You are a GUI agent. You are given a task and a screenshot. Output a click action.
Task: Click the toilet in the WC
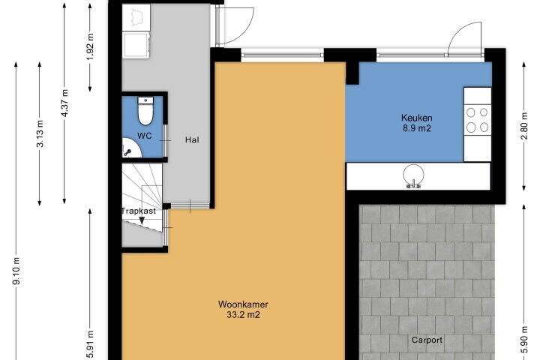click(145, 111)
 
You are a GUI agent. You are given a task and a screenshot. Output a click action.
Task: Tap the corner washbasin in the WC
click(131, 148)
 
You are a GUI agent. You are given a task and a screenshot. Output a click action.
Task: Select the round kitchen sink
click(413, 175)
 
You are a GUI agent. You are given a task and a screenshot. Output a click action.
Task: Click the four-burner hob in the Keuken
click(477, 120)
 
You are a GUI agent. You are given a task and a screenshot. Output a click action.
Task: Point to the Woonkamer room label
click(243, 304)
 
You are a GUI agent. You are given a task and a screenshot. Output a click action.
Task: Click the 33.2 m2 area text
click(243, 314)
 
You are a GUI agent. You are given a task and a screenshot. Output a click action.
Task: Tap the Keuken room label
click(417, 118)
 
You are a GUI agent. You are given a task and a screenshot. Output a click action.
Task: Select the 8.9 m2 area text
click(417, 128)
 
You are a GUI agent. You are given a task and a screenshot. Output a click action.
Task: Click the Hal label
click(192, 139)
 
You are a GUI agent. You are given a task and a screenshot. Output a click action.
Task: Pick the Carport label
click(427, 340)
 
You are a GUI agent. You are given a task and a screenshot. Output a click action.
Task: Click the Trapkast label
click(139, 211)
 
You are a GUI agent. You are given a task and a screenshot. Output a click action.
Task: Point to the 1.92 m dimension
click(90, 46)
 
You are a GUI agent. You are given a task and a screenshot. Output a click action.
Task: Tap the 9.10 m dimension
click(16, 271)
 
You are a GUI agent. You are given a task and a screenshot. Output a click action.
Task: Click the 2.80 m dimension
click(524, 126)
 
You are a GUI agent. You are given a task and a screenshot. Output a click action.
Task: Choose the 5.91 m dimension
click(90, 344)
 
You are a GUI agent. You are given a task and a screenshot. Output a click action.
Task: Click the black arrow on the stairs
click(142, 220)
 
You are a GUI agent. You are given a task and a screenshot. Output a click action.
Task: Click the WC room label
click(145, 136)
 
